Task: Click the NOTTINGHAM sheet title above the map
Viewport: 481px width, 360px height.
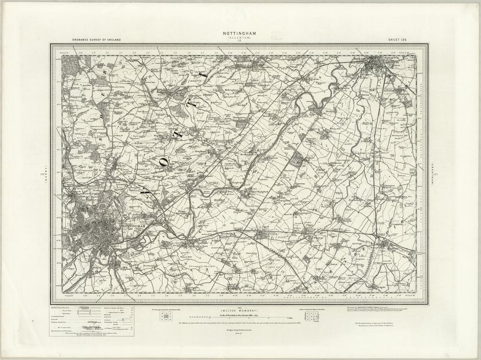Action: pyautogui.click(x=240, y=33)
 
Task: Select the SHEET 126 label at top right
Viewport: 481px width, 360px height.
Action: pyautogui.click(x=397, y=40)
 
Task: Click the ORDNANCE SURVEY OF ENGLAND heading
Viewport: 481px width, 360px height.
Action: pyautogui.click(x=96, y=40)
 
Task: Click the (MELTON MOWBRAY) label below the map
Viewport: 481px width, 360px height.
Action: pyautogui.click(x=240, y=311)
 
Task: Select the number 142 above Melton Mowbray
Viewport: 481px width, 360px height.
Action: pyautogui.click(x=240, y=307)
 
